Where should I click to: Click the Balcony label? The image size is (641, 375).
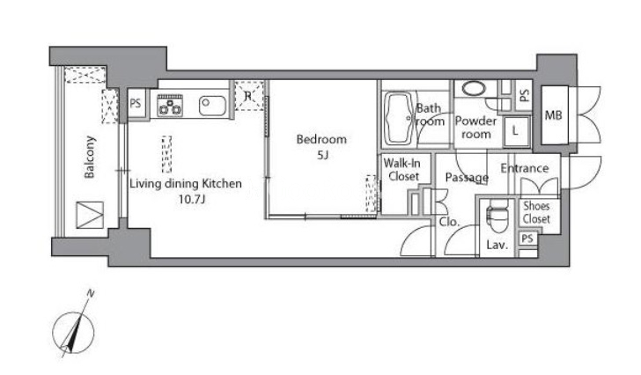coord(90,158)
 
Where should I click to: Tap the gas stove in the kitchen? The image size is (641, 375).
coord(170,105)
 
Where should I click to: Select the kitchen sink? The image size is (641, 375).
coord(212,106)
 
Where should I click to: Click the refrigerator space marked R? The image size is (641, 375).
coord(248,96)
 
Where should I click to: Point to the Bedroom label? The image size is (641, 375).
coord(321,139)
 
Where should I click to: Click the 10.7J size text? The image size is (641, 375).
coord(192,200)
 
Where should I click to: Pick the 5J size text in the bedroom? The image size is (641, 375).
coord(322,155)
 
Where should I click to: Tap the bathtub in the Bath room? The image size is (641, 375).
coord(398,119)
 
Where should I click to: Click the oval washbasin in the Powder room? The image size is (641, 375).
coord(474,88)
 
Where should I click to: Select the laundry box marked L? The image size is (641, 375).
coord(516,131)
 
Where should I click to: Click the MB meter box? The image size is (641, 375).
coord(555,115)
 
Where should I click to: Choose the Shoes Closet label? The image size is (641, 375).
coord(536,212)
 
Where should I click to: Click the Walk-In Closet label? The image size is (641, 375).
coord(402,170)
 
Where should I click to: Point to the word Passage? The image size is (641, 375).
coord(467,178)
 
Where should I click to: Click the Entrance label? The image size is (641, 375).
coord(525,168)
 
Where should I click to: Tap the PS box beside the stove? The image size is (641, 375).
coord(136,103)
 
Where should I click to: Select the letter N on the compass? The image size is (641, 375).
coord(91,293)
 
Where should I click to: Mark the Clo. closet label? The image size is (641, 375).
coord(449,222)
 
